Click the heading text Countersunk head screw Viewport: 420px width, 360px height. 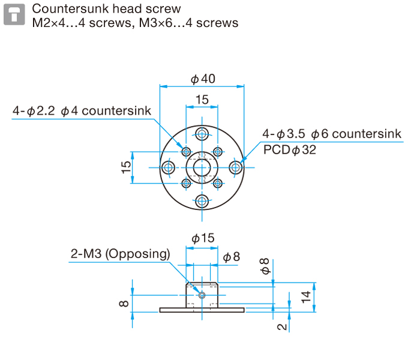(106, 9)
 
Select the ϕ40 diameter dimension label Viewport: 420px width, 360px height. (203, 79)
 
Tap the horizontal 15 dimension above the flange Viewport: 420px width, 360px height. (202, 100)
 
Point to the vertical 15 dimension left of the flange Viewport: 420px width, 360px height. (126, 167)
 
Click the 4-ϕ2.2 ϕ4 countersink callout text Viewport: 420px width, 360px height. (82, 111)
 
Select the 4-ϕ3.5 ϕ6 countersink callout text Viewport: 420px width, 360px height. (331, 134)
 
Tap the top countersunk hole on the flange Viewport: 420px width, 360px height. (202, 133)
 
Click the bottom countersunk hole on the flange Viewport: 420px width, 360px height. (202, 200)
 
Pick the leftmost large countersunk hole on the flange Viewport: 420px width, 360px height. (169, 167)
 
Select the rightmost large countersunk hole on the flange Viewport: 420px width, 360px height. (236, 167)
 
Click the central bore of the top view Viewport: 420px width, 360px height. (202, 167)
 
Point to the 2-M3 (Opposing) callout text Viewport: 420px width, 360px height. (120, 254)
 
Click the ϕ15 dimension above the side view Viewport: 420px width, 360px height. (203, 238)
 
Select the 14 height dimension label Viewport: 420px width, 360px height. (307, 296)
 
